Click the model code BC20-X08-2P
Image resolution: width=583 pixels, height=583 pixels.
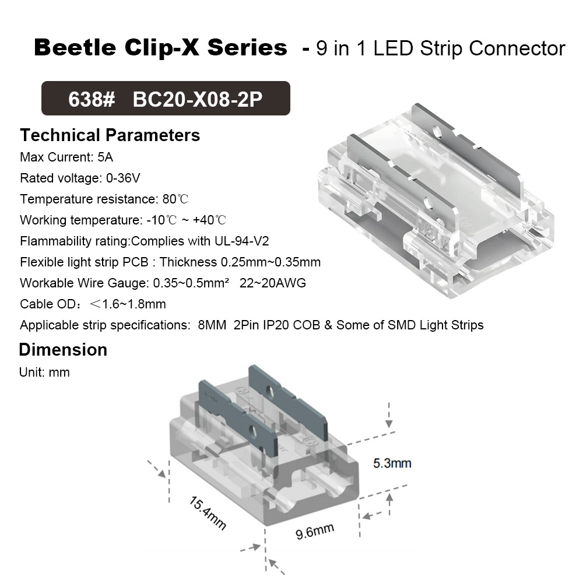(x=198, y=99)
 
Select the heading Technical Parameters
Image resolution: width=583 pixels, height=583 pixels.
(x=110, y=135)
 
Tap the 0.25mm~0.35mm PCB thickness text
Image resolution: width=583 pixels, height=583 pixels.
(x=271, y=262)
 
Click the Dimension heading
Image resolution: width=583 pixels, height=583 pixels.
(x=63, y=350)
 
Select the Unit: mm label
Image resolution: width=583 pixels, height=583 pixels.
(x=44, y=372)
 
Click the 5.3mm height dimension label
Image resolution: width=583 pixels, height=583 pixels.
(x=392, y=463)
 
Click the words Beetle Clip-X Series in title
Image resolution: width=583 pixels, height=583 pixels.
(x=160, y=48)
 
